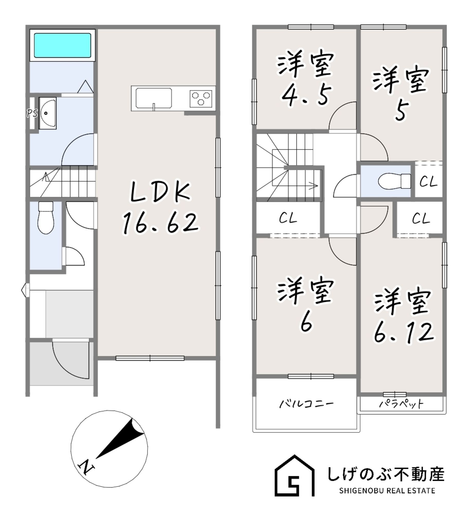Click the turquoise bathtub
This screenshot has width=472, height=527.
62,45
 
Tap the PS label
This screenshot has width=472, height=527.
32,113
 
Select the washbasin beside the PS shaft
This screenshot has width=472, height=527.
48,113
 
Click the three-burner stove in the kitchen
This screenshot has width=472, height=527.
201,99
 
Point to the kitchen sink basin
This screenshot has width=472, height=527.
153,98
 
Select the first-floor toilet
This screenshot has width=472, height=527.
46,219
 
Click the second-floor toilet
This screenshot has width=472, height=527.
394,181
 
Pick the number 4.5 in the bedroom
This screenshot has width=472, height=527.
306,95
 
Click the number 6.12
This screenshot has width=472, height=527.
404,333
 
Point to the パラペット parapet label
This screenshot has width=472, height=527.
401,404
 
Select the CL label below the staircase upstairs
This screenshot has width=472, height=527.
288,218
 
